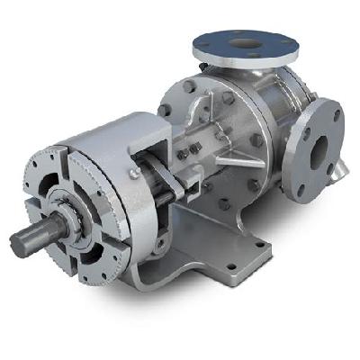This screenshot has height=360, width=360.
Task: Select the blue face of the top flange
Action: (x=270, y=41)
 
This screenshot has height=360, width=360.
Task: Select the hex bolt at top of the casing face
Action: (x=189, y=87)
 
